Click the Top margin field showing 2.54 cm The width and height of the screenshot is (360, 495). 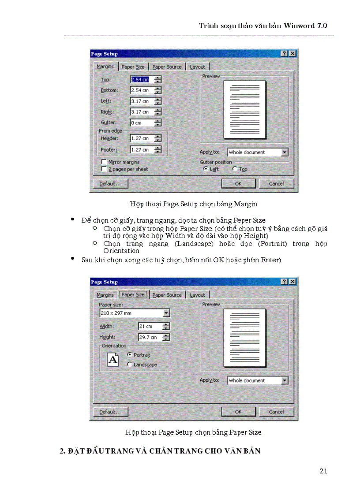coord(142,80)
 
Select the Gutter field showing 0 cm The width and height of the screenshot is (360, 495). coord(142,123)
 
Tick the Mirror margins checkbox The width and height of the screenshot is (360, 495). coord(104,162)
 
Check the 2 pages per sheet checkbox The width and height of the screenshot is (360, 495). coord(104,169)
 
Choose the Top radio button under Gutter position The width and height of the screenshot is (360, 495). coord(235,169)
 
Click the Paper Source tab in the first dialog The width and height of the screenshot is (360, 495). coord(167,67)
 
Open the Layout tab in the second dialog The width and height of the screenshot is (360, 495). coord(197,295)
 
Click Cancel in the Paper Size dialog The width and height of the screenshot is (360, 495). coord(276,412)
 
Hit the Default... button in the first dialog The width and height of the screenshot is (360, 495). coord(110,183)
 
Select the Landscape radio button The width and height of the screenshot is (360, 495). coord(129,365)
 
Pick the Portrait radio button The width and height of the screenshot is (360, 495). coord(129,354)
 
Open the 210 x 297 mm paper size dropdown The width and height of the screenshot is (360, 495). coord(166,313)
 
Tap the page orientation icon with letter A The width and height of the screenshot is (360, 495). coord(113,360)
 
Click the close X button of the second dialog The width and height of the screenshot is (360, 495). coord(292,282)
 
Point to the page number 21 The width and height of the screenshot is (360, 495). coord(323,471)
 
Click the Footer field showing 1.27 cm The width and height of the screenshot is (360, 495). coord(142,150)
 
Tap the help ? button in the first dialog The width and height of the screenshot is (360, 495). coord(285,53)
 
